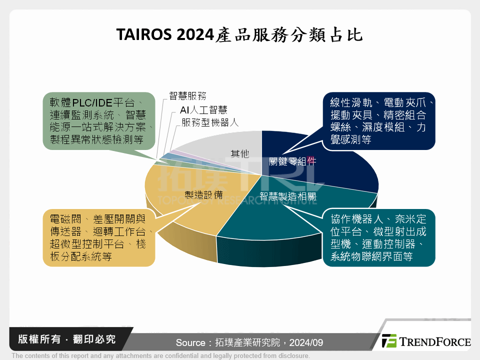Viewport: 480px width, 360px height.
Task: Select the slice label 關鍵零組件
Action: click(292, 162)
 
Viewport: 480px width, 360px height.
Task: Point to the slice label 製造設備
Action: click(203, 195)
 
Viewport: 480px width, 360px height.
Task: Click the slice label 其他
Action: click(239, 153)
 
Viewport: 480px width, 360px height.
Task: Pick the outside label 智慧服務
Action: click(187, 96)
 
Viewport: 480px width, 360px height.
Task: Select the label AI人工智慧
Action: click(203, 109)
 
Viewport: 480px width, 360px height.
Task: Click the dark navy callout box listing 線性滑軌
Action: click(378, 121)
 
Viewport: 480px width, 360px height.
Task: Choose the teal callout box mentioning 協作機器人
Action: click(378, 238)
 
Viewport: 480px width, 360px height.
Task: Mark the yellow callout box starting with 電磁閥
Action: click(98, 238)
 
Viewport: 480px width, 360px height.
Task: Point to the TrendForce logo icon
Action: click(389, 341)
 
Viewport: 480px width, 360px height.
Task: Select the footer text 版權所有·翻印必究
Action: click(66, 339)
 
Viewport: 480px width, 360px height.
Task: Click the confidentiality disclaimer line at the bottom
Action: click(160, 356)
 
